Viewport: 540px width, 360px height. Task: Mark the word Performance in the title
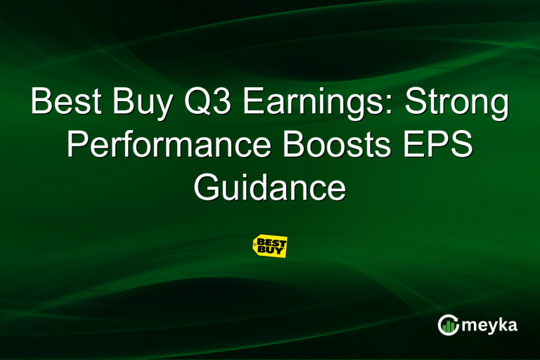(x=162, y=146)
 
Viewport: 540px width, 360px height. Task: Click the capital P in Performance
(x=78, y=146)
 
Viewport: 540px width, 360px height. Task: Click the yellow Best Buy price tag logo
(x=270, y=246)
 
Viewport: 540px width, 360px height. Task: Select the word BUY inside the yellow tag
(x=270, y=250)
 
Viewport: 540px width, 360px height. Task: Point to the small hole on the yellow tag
(x=255, y=246)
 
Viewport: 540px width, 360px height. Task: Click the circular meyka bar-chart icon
(x=448, y=324)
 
